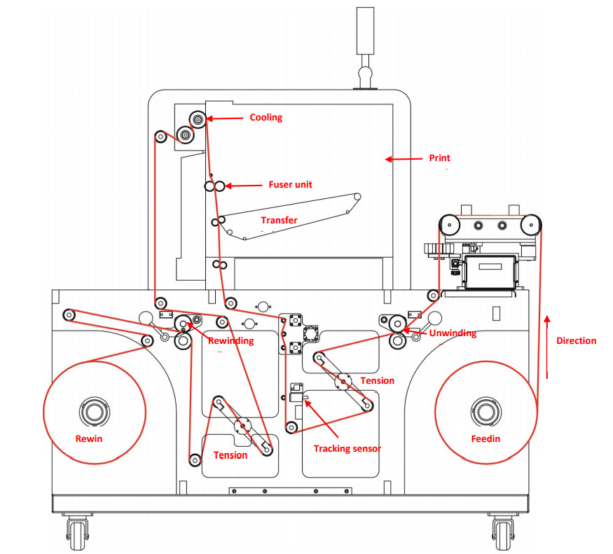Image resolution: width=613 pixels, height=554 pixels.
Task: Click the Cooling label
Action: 266,118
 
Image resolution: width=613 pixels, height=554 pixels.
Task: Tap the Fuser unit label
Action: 291,185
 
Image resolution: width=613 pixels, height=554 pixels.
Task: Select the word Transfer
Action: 279,220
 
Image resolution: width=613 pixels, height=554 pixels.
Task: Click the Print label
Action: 439,158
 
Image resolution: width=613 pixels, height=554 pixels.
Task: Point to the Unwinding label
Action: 453,333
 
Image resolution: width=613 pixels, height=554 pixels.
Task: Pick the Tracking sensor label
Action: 347,448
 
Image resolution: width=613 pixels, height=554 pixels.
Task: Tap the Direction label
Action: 576,341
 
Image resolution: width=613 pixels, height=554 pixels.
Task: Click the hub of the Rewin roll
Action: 94,412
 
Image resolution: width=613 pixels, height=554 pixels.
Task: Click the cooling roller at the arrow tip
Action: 198,120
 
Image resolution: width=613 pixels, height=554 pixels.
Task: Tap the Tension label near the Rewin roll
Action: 230,455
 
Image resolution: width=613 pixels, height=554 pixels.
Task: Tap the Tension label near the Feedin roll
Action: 377,381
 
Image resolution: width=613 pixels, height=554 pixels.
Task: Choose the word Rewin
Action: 89,439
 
